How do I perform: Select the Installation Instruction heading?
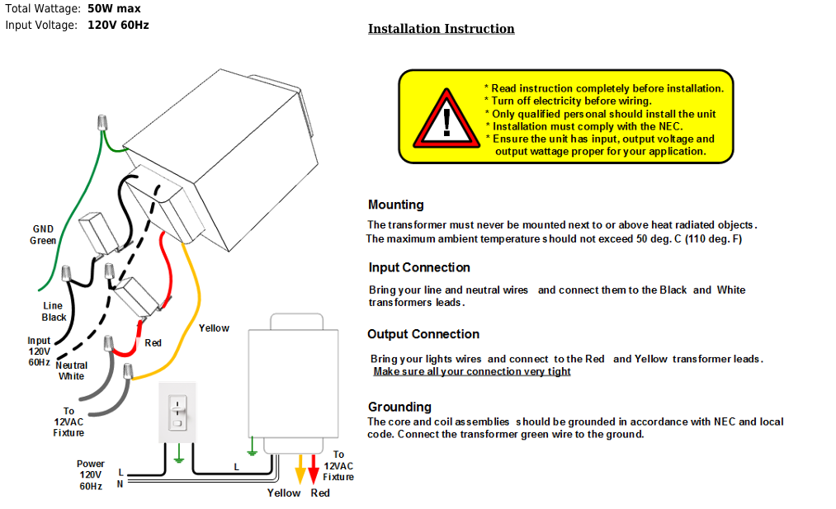pyautogui.click(x=442, y=29)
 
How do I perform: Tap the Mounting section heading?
pyautogui.click(x=395, y=205)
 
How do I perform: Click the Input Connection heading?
pyautogui.click(x=419, y=267)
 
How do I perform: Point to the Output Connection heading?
pyautogui.click(x=423, y=334)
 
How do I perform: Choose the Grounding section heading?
pyautogui.click(x=399, y=408)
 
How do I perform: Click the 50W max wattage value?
pyautogui.click(x=114, y=8)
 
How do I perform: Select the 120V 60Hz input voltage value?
pyautogui.click(x=118, y=25)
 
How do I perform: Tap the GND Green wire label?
pyautogui.click(x=43, y=235)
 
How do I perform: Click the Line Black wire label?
pyautogui.click(x=54, y=311)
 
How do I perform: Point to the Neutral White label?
pyautogui.click(x=72, y=370)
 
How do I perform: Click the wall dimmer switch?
pyautogui.click(x=177, y=412)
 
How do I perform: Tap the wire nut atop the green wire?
pyautogui.click(x=102, y=123)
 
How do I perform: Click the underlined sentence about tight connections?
pyautogui.click(x=472, y=371)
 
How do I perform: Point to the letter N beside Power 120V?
pyautogui.click(x=120, y=484)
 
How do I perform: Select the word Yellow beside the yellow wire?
pyautogui.click(x=214, y=328)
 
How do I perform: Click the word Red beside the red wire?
pyautogui.click(x=153, y=342)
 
